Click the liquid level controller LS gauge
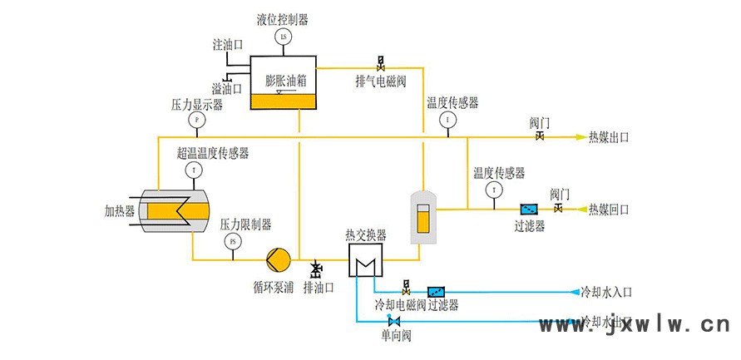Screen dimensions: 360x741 click(283, 37)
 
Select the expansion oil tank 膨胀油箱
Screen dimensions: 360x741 click(284, 84)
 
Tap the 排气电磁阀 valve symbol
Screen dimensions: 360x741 click(381, 62)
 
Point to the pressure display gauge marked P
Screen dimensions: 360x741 click(197, 120)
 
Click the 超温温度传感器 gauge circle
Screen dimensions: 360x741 click(194, 170)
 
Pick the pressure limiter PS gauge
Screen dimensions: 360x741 click(232, 242)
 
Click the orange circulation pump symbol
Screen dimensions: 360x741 click(278, 259)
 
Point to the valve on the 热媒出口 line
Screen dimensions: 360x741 click(540, 136)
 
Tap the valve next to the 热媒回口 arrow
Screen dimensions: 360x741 click(559, 208)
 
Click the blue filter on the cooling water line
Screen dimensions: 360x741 click(436, 292)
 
